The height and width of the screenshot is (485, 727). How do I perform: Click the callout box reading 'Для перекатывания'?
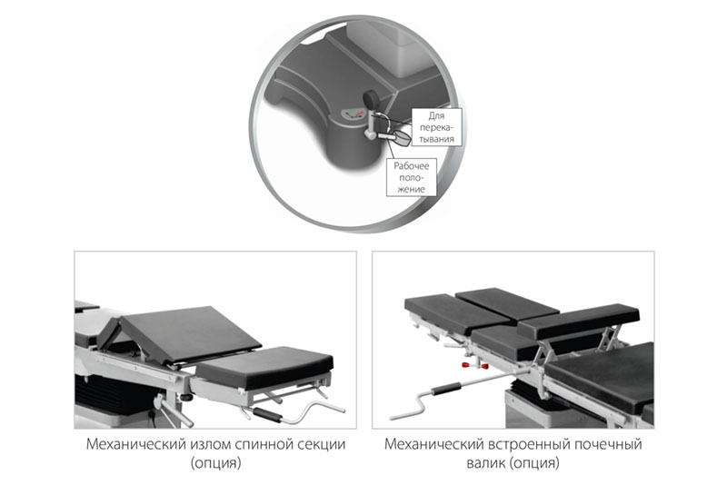point(437,127)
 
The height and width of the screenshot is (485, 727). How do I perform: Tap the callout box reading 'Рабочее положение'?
point(412,177)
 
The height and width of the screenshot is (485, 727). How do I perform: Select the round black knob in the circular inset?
point(371,99)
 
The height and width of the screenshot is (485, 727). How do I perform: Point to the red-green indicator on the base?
point(354,113)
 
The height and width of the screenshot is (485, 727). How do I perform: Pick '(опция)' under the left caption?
point(215,463)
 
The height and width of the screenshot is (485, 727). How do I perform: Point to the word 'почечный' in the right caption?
point(608,444)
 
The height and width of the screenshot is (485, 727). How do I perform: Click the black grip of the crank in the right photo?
point(446,388)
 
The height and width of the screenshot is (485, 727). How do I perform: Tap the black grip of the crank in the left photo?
point(267,414)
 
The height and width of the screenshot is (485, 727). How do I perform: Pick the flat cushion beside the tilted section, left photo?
point(264,367)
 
